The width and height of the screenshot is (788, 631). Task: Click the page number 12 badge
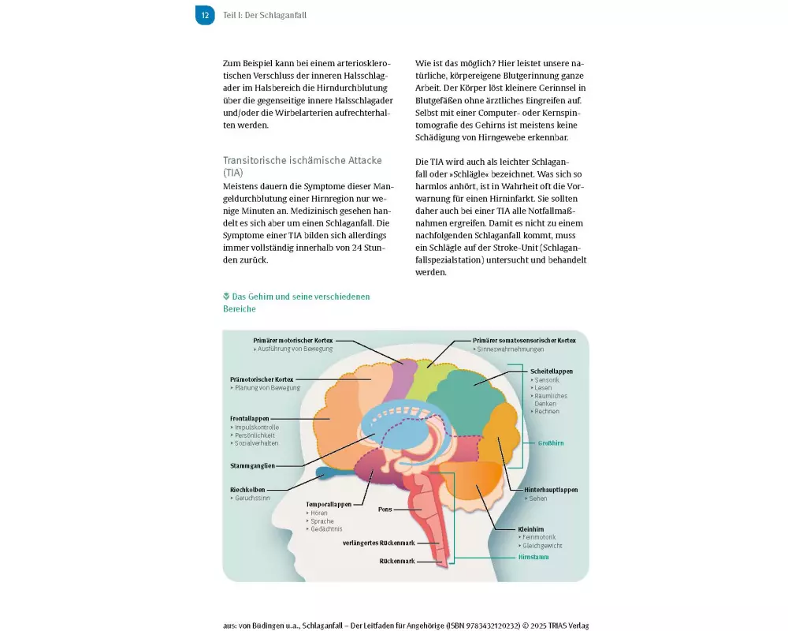pos(205,15)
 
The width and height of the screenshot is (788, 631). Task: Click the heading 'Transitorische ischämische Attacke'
pos(302,160)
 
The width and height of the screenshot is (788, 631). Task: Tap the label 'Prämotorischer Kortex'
pos(262,379)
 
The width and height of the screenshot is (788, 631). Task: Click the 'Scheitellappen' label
pos(545,371)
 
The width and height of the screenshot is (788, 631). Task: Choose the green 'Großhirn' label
pos(551,443)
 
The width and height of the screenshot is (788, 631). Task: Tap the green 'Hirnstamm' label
pos(533,556)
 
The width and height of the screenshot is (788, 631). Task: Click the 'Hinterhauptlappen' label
pos(551,490)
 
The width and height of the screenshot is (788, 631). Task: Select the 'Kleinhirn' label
pos(531,528)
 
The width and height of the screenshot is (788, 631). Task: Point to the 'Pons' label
pos(385,510)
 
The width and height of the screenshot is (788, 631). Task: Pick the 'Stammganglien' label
pos(252,465)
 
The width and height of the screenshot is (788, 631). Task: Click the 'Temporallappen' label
pos(328,503)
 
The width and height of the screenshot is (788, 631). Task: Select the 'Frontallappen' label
pos(250,417)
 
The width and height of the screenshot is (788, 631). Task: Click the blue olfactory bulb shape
pos(329,473)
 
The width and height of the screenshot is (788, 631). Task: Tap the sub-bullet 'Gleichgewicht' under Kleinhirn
pos(544,546)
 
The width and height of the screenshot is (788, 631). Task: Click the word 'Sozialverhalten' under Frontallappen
pos(258,443)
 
